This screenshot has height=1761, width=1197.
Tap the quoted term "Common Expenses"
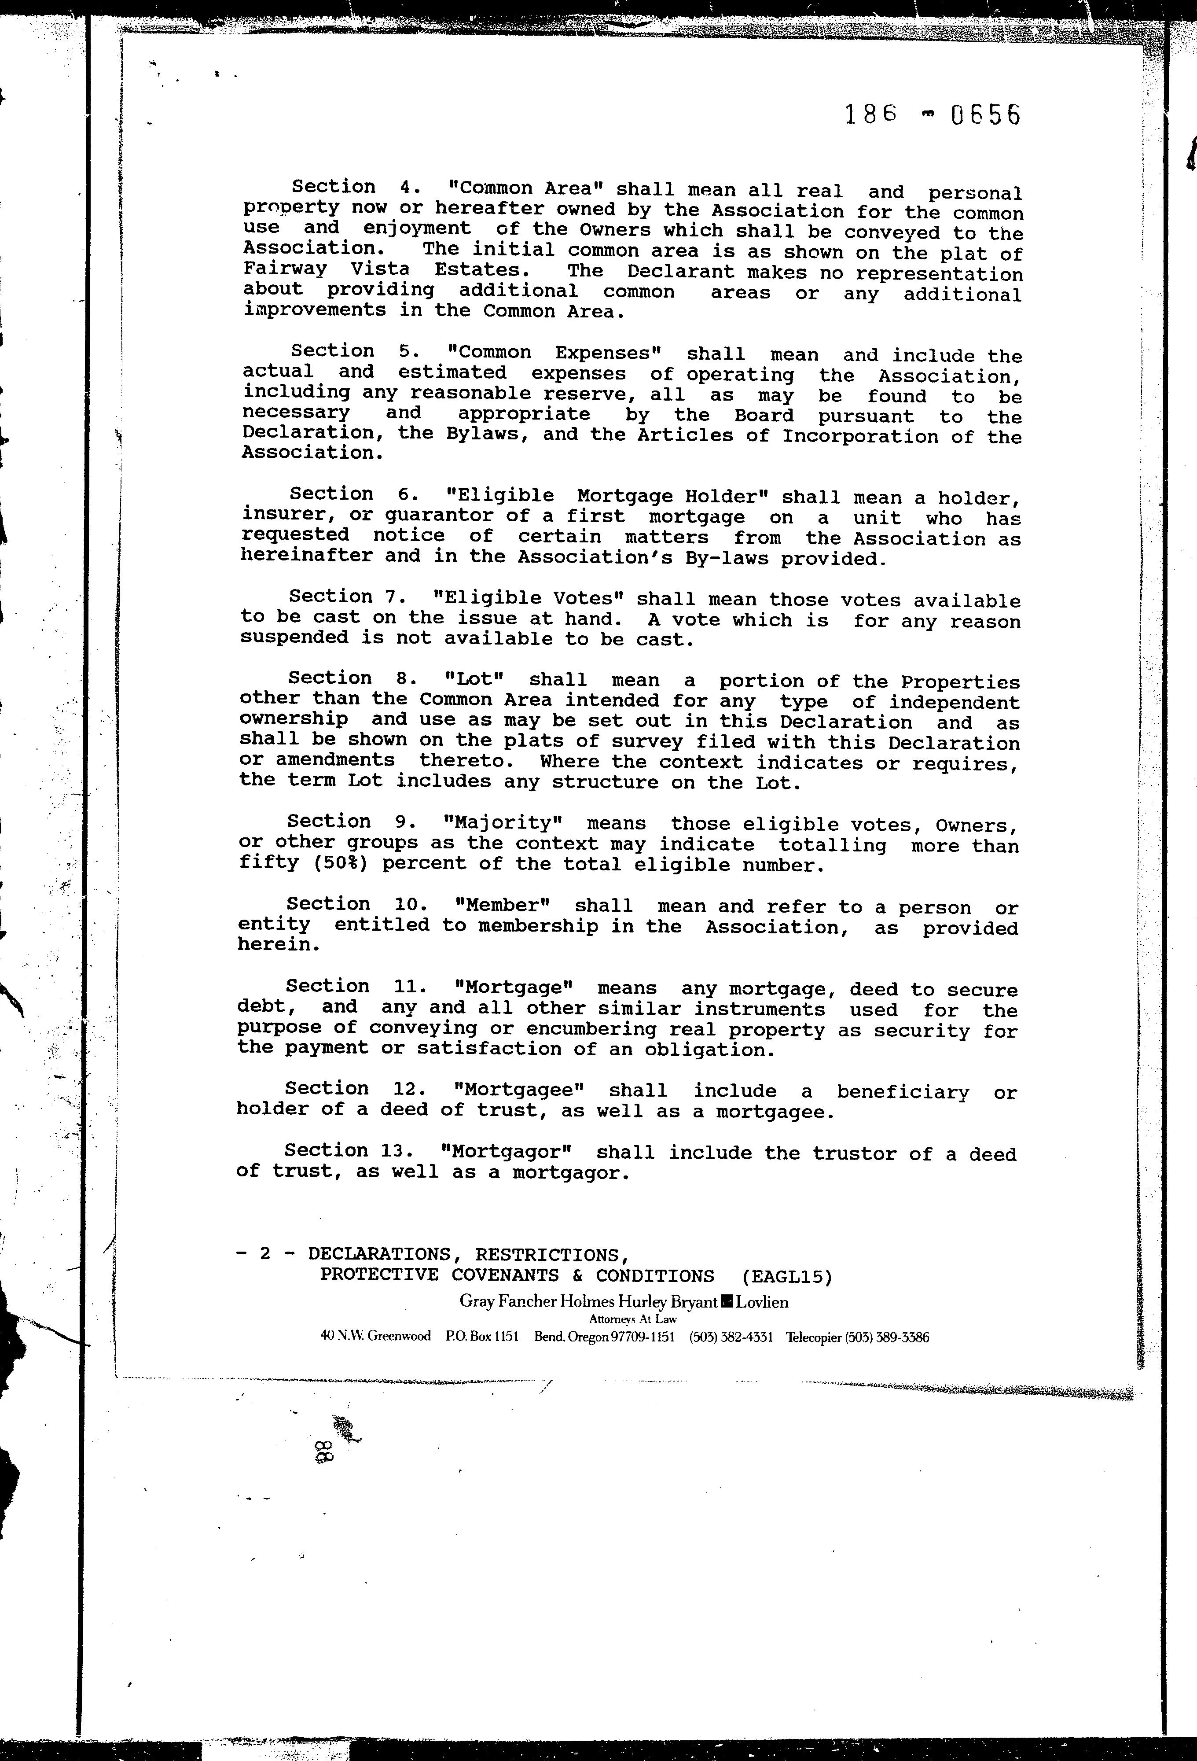pos(555,353)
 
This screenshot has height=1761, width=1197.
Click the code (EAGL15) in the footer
pos(787,1277)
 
